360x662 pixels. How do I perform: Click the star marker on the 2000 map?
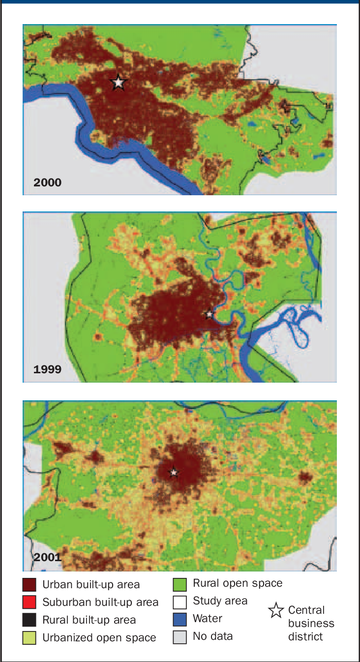(118, 83)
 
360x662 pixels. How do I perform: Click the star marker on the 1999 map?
(210, 314)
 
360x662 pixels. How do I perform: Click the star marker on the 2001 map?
(174, 472)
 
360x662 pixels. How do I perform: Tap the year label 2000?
(48, 183)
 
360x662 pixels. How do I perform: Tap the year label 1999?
(48, 369)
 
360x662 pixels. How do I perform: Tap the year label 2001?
(48, 557)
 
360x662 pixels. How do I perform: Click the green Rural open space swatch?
(180, 584)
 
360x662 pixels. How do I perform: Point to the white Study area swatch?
(180, 601)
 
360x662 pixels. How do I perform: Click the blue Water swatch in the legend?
(180, 619)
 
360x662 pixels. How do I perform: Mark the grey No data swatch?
(180, 636)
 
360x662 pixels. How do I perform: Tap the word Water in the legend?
(208, 619)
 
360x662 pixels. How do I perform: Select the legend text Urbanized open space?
(99, 638)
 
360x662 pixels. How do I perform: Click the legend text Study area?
(220, 601)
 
